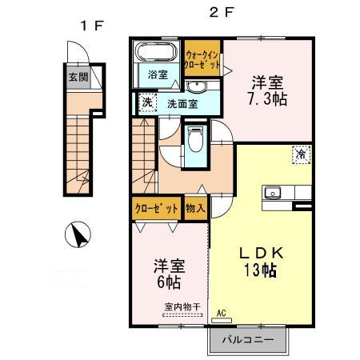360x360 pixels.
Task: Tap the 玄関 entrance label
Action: point(78,78)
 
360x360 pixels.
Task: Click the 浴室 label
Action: point(158,75)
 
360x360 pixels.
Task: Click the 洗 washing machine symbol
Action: point(146,102)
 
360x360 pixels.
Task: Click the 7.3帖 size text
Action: point(268,99)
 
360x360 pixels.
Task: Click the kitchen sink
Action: point(272,192)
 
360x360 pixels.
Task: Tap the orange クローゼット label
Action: point(157,208)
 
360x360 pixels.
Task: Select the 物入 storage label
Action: point(196,208)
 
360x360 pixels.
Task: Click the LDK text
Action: point(259,252)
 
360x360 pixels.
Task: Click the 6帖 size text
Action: point(167,282)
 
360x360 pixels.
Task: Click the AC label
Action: point(222,313)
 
